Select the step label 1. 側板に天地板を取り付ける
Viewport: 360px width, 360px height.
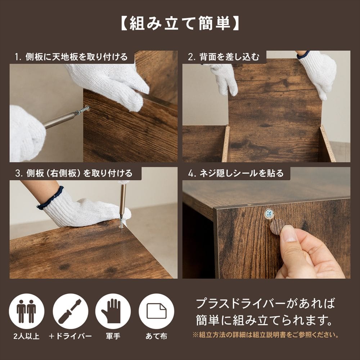coord(71,57)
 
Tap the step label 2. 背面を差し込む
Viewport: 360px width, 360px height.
coord(224,57)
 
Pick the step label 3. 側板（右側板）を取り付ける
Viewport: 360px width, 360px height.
coord(74,173)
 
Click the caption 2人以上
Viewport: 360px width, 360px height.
coord(26,337)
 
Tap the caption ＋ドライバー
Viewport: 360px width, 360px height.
coord(71,337)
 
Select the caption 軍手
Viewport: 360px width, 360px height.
coord(113,337)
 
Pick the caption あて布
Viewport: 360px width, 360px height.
coord(156,337)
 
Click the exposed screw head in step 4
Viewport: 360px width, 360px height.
coord(269,214)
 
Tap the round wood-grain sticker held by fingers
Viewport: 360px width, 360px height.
coord(277,227)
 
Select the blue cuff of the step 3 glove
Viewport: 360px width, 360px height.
coord(50,198)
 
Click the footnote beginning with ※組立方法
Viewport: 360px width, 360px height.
coord(266,335)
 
